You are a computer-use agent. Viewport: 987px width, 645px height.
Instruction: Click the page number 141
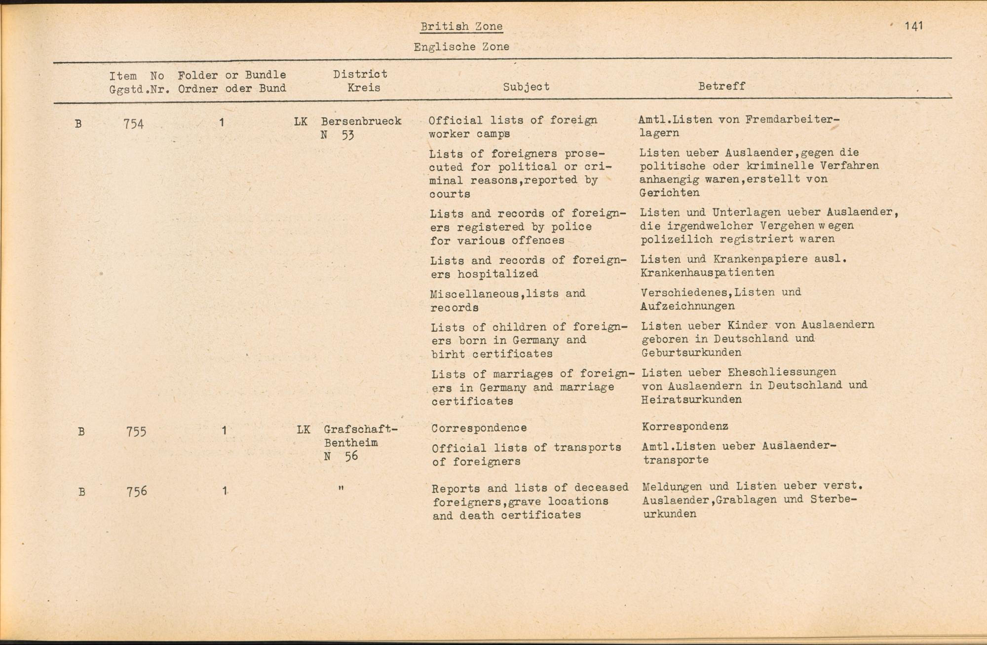[x=913, y=26]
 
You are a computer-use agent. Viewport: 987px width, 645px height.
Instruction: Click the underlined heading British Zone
[x=461, y=27]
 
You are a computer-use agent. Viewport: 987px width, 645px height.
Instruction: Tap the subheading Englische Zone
[x=461, y=47]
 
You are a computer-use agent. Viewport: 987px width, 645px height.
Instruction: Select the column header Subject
[x=526, y=87]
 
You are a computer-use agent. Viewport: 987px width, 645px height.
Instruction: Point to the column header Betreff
[x=721, y=86]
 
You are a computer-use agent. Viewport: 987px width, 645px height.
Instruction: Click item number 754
[x=134, y=123]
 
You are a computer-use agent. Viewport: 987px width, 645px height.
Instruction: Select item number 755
[x=136, y=431]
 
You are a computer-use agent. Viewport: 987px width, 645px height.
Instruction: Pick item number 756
[x=137, y=492]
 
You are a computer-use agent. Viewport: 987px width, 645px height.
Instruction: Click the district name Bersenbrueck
[x=361, y=121]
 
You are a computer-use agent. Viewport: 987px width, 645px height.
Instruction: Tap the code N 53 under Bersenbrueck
[x=338, y=135]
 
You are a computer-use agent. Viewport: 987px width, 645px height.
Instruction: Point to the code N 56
[x=341, y=457]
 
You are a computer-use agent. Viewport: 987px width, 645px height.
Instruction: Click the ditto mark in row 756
[x=341, y=488]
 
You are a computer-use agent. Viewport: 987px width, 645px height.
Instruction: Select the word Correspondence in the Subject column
[x=479, y=428]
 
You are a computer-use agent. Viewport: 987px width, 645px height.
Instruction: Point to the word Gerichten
[x=669, y=193]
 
